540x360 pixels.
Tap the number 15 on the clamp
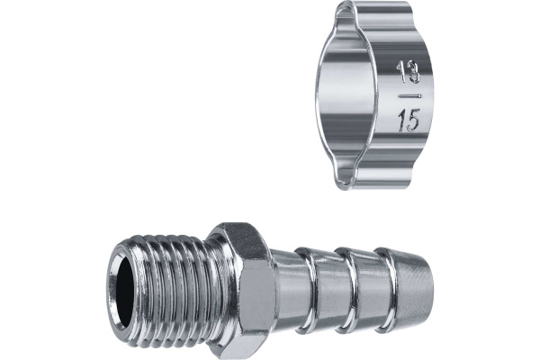point(409,121)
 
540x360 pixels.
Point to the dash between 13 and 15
point(409,96)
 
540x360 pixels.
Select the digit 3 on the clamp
point(414,73)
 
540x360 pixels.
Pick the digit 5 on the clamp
point(413,121)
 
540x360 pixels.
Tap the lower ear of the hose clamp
point(372,178)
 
